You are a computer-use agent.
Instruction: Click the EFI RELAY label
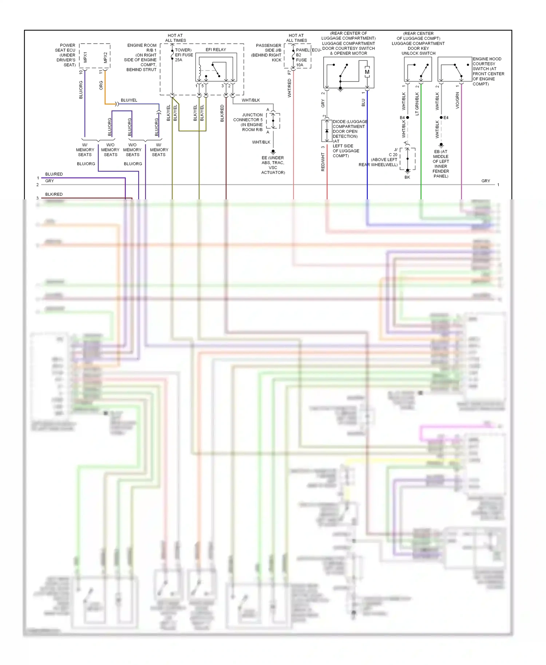point(215,50)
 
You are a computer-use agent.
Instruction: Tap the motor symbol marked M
point(367,72)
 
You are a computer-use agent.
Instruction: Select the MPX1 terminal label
point(85,57)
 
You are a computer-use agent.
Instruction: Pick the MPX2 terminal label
point(106,57)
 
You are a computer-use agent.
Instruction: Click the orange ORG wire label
point(101,85)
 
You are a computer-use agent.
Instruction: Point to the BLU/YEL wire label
point(129,100)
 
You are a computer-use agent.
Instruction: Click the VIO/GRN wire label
point(457,100)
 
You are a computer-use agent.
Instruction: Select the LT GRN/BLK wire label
point(417,104)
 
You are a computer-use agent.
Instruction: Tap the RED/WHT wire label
point(323,162)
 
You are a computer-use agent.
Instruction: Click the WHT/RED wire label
point(289,88)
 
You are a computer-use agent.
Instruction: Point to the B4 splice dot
point(407,118)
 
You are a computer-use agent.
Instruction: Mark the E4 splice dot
point(441,118)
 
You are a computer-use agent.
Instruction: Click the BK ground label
point(407,177)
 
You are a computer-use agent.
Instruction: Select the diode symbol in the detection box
point(327,131)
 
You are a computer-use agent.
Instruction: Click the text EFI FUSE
point(184,55)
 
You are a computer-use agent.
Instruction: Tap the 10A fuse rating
point(300,65)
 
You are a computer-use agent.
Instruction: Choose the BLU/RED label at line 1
point(54,174)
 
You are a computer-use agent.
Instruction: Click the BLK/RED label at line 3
point(54,194)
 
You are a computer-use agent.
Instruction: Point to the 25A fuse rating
point(178,60)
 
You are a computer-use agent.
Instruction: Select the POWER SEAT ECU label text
point(66,55)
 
